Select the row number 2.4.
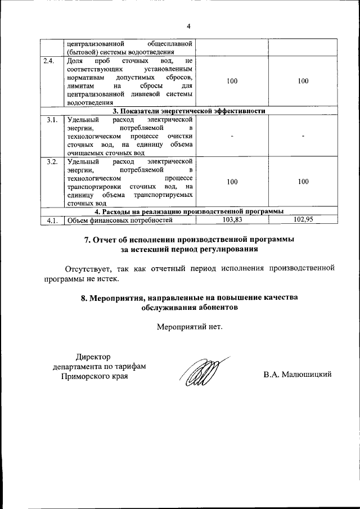point(48,61)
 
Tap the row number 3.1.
point(52,120)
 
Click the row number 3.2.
point(52,162)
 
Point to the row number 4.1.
point(52,220)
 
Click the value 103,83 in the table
point(232,220)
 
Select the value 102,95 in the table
point(303,220)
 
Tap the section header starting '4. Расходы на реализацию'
point(189,211)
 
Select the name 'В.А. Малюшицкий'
point(298,375)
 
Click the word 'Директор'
point(93,356)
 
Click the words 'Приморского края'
point(94,376)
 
